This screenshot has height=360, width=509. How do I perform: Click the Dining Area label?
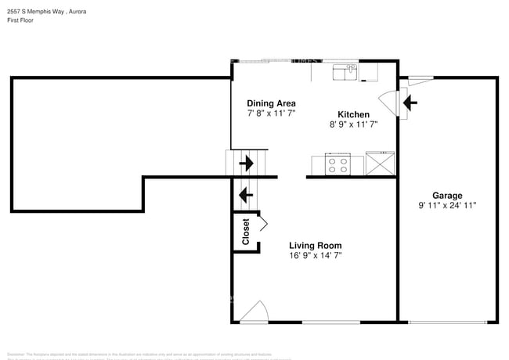click(x=271, y=103)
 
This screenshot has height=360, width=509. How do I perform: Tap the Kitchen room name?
click(x=353, y=114)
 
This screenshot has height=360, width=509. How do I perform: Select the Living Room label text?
click(x=315, y=245)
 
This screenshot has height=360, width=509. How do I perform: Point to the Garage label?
click(x=447, y=196)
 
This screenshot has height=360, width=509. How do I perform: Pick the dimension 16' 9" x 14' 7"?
click(x=315, y=255)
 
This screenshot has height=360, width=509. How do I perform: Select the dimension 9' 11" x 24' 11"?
click(x=447, y=206)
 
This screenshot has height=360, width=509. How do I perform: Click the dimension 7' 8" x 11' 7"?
click(x=271, y=113)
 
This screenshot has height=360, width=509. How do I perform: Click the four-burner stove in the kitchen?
click(x=338, y=165)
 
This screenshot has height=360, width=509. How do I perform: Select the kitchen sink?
click(x=345, y=72)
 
